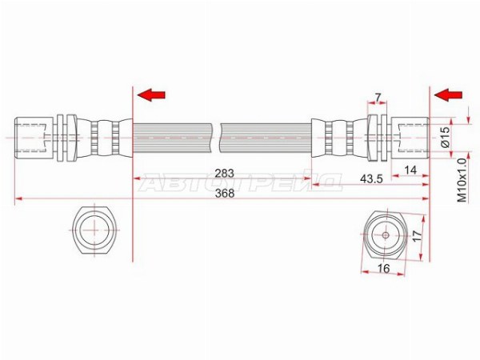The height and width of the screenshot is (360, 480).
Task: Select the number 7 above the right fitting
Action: click(378, 98)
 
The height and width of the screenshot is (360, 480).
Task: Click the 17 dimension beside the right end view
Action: click(418, 237)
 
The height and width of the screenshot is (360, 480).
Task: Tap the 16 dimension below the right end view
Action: click(384, 270)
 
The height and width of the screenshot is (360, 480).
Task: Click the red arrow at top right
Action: click(450, 95)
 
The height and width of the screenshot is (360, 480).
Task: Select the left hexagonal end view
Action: click(93, 231)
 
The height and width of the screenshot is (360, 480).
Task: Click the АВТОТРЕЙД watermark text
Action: click(241, 185)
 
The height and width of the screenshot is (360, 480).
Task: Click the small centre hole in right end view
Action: click(384, 234)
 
